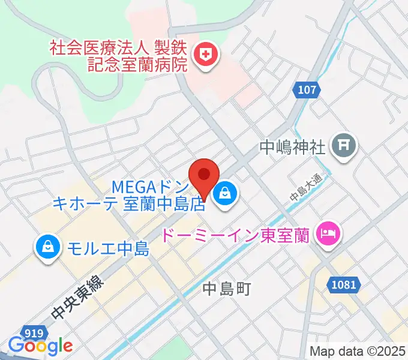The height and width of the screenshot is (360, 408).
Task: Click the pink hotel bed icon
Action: click(x=328, y=231)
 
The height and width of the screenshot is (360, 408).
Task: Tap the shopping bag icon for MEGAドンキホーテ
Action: click(x=224, y=193)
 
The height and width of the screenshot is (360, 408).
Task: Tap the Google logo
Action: click(x=40, y=346)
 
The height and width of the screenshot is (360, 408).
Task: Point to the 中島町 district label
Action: click(x=226, y=289)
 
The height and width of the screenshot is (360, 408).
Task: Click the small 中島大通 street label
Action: click(x=306, y=187)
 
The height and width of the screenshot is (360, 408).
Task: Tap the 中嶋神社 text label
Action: click(x=292, y=146)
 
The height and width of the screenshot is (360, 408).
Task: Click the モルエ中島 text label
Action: click(x=107, y=248)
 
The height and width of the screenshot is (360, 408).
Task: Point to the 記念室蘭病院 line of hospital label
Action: click(x=137, y=64)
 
